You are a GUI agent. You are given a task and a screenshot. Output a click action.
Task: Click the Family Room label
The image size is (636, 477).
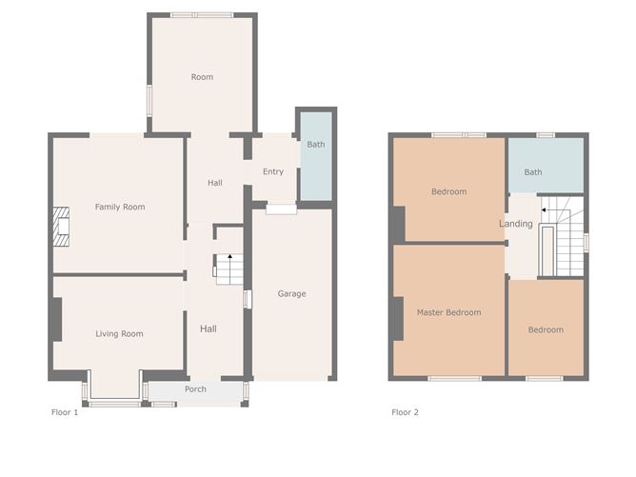tap(120, 207)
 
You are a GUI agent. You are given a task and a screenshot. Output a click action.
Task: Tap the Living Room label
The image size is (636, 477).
tap(119, 334)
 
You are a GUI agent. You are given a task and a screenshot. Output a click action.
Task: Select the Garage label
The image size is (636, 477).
tap(291, 293)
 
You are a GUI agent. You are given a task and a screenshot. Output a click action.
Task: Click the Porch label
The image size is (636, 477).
tap(195, 389)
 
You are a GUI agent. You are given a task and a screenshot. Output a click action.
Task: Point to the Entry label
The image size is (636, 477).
tap(273, 171)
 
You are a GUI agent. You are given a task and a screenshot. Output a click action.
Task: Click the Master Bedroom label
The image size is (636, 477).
tap(449, 312)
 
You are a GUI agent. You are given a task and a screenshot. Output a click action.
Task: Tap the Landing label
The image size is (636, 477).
tap(515, 224)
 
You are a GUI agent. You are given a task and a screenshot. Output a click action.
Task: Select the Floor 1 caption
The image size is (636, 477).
tap(65, 412)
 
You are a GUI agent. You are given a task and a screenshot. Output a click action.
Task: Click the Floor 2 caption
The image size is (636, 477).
tap(405, 412)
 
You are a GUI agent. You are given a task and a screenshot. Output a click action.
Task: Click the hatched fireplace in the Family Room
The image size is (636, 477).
tap(61, 227)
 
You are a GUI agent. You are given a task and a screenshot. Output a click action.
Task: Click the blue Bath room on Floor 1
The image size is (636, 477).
tap(316, 156)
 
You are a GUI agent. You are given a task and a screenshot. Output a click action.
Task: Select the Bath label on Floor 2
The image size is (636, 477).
tap(533, 172)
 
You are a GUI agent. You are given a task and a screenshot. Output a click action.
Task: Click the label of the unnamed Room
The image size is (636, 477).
tap(202, 77)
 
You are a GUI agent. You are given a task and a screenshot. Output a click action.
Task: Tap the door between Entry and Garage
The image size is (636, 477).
tap(281, 209)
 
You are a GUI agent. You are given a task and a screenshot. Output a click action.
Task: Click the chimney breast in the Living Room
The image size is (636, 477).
tap(57, 320)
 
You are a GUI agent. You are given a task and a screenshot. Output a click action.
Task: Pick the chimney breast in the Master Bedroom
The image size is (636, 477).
tap(398, 319)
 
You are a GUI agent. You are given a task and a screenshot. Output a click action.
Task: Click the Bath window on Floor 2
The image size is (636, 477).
tap(546, 135)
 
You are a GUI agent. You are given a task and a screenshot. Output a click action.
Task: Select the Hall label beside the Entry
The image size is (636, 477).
tap(215, 183)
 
